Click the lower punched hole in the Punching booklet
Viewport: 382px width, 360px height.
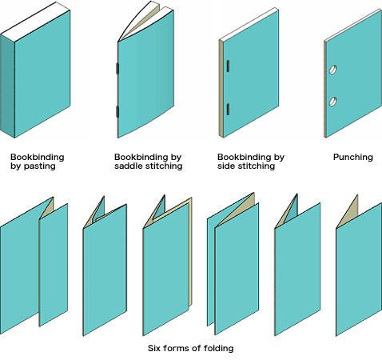tap(335, 102)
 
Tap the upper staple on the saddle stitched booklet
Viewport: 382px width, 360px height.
tap(117, 70)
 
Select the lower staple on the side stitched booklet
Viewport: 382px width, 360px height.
tap(228, 109)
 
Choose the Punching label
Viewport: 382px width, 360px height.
tap(352, 157)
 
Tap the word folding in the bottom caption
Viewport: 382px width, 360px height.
tap(218, 348)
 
